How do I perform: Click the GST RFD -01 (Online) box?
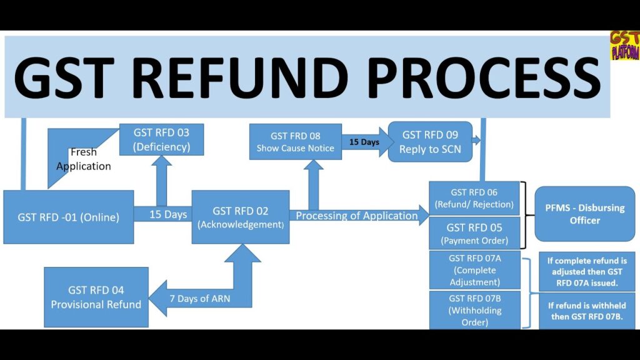point(68,217)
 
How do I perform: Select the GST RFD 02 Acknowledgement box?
point(241,217)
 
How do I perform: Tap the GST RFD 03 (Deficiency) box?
point(161,140)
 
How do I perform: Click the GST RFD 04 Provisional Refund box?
point(96,297)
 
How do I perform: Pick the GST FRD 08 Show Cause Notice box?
point(295,142)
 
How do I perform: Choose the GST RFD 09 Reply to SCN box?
point(429,142)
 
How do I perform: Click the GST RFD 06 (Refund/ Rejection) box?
point(474,198)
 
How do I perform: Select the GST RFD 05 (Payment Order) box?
point(474,232)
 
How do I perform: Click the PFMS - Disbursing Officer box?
point(584,214)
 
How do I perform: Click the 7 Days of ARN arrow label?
point(199,298)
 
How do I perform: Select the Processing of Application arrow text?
point(357,216)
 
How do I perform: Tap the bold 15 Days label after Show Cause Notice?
point(364,142)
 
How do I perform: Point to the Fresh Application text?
point(83,159)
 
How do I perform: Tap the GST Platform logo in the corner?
point(624,46)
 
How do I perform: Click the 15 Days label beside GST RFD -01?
point(168,214)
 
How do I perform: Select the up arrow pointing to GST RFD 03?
point(161,178)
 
